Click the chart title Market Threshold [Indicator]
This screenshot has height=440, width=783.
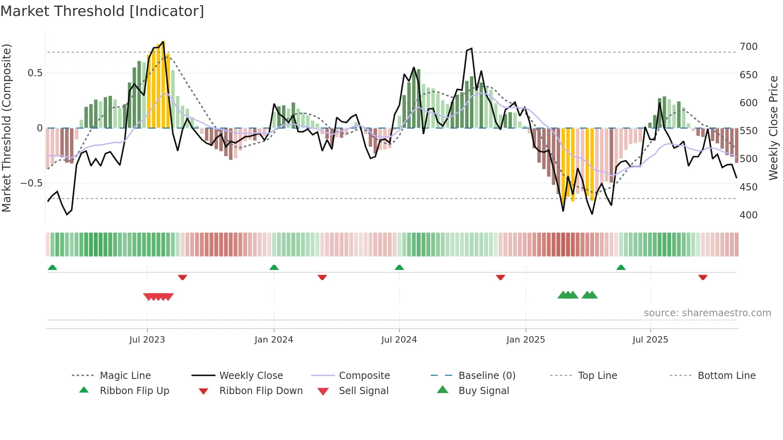(102, 11)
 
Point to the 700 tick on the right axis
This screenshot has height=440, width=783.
(748, 47)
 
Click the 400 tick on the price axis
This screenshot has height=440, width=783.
(748, 215)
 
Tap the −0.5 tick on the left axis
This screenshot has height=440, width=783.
(31, 183)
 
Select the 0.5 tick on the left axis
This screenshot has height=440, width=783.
(35, 73)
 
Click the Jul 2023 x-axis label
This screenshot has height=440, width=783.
(147, 340)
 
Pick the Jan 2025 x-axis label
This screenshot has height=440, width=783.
(525, 340)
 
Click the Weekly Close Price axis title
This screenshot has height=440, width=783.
(773, 128)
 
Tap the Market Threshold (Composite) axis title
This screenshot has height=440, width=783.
(7, 128)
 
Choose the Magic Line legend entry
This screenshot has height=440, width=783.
(125, 376)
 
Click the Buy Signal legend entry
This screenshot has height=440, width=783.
(483, 391)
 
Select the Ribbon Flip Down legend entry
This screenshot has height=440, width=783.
(260, 391)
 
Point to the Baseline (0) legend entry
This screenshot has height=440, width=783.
(487, 376)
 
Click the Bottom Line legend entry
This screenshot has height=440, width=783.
(726, 376)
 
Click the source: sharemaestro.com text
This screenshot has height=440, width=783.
(707, 313)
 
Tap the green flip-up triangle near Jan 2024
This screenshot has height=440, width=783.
(274, 268)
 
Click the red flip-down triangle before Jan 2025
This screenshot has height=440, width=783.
(501, 277)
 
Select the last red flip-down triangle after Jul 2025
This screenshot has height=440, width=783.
(703, 277)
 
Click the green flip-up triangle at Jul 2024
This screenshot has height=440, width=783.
(399, 268)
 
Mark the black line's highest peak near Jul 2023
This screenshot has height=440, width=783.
(163, 42)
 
